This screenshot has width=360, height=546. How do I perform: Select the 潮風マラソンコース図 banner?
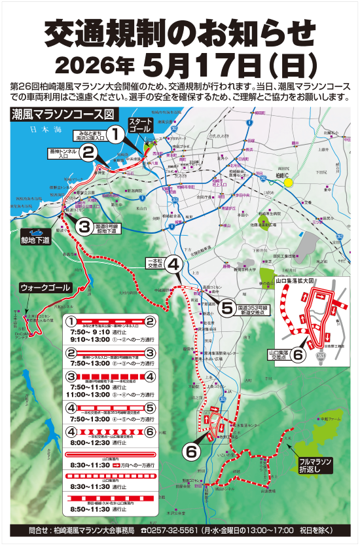58,114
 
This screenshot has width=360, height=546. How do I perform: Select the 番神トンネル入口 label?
63,154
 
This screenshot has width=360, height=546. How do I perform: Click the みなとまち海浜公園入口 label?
90,136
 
